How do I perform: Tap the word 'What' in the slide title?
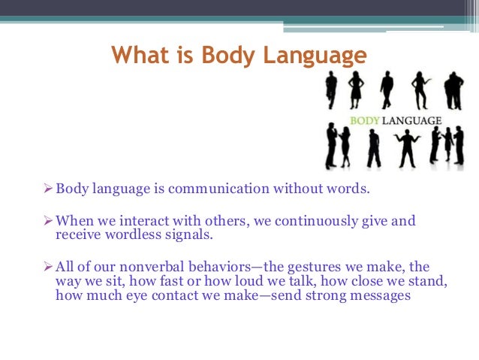(143, 56)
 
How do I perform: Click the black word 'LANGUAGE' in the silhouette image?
(414, 118)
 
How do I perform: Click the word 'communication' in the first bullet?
(207, 187)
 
